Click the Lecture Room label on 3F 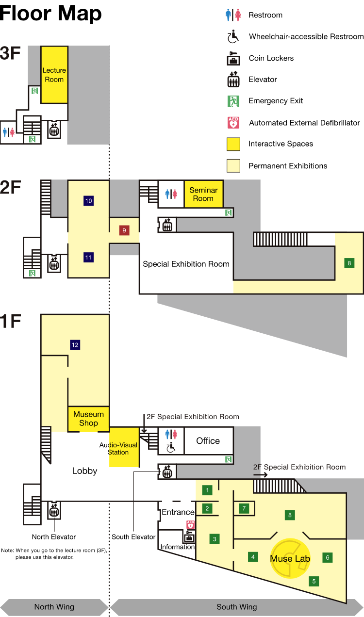pos(54,75)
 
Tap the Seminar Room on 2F pos(204,194)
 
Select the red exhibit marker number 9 pos(124,230)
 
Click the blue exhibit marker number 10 pos(88,201)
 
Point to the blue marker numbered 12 pos(75,345)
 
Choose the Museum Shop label pos(88,419)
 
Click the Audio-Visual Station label pos(118,448)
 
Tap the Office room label pos(208,441)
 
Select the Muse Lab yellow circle pos(290,558)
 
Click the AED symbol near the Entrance pos(190,524)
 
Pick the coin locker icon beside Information pos(189,536)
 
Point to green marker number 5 pos(314,581)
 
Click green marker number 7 pos(244,508)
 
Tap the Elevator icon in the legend pos(233,80)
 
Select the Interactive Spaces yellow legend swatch pos(233,144)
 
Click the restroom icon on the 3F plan pos(9,132)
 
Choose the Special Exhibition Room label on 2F pos(186,264)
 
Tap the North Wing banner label pos(54,607)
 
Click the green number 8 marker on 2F pos(349,263)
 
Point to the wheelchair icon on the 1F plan pos(170,448)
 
